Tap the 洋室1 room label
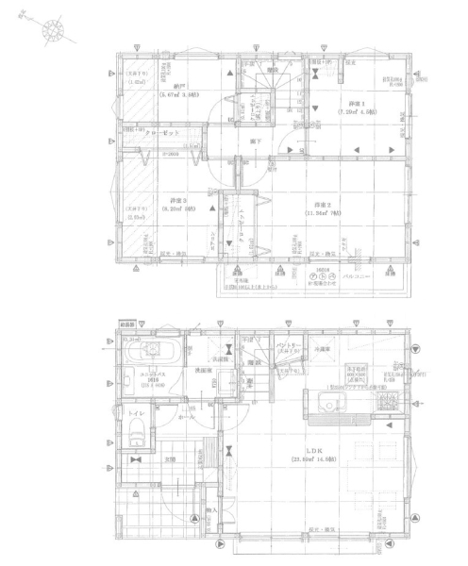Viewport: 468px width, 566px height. point(355,103)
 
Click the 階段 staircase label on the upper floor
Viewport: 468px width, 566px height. point(273,70)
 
